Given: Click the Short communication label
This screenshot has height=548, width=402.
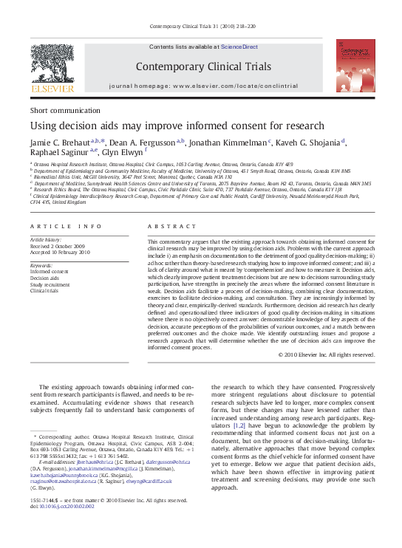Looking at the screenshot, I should point(60,109).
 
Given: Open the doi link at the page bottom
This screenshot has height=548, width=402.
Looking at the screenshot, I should point(73,507).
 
